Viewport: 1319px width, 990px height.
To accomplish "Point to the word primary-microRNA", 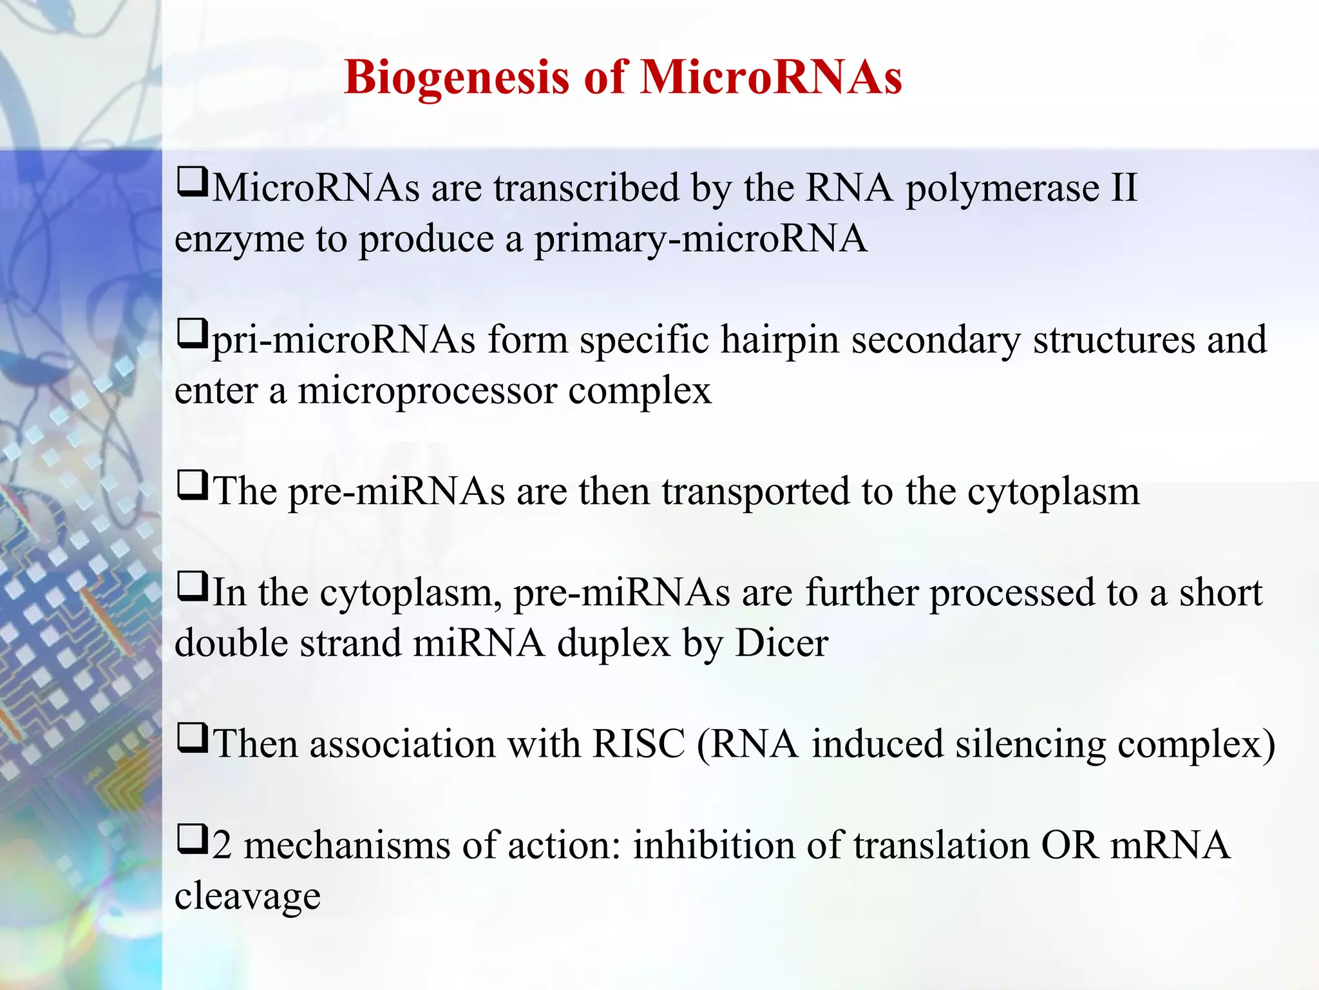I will pos(700,240).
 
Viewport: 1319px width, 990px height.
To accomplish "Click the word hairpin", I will pos(779,340).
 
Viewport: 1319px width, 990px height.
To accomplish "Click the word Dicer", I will pos(781,643).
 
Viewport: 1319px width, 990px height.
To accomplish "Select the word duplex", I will pos(613,644).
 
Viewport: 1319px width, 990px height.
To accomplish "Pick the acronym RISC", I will pos(638,744).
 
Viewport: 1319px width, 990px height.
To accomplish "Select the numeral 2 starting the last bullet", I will pos(222,845).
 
